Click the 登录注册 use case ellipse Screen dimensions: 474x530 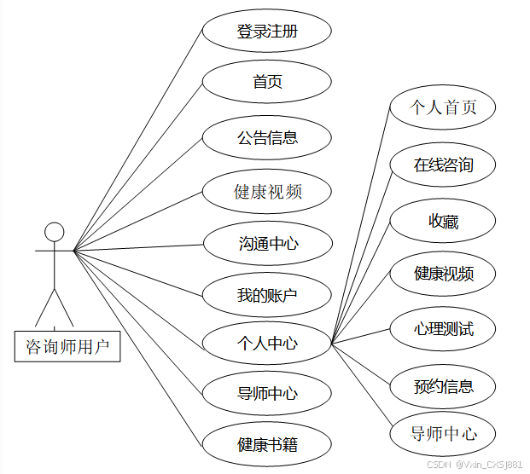coord(266,32)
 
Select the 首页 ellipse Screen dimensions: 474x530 coord(266,82)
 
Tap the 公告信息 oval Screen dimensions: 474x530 coord(266,137)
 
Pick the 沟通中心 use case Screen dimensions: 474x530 coord(266,244)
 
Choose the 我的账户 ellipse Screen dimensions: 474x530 coord(266,296)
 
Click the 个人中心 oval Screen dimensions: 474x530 coord(266,344)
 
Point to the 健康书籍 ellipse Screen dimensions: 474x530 coord(266,444)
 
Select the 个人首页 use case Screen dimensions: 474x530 coord(442,107)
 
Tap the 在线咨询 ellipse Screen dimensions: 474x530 coord(442,165)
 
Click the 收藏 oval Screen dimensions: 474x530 coord(442,222)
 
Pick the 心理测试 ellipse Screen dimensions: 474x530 coord(442,329)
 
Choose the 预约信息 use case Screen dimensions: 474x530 coord(442,386)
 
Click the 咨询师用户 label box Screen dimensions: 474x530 coord(67,346)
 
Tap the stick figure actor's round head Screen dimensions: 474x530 coord(54,231)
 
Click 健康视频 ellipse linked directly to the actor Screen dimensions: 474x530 coord(266,192)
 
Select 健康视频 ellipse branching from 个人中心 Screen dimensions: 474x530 coord(442,275)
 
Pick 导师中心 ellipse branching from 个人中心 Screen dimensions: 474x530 coord(442,434)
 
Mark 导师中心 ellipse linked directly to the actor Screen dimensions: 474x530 coord(266,393)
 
